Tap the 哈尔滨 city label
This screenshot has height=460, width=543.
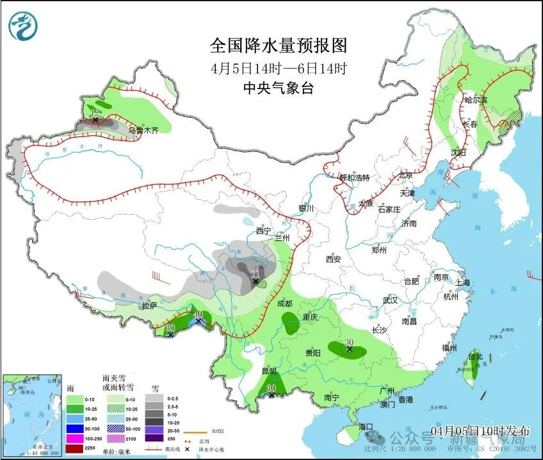(x=475, y=100)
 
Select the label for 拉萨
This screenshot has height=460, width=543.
(x=149, y=306)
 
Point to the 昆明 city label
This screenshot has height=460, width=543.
(x=269, y=371)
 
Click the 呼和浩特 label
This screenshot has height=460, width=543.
(x=355, y=177)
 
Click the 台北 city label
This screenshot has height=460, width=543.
(x=474, y=356)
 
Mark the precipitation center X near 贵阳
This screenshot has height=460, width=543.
(x=349, y=350)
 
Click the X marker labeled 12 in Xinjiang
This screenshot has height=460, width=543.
(x=95, y=119)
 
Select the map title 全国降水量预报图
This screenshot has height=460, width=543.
(x=279, y=45)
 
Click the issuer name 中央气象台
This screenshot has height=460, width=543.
(x=279, y=89)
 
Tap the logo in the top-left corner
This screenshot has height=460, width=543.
(x=23, y=26)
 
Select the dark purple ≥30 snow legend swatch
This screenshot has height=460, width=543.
(x=154, y=438)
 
